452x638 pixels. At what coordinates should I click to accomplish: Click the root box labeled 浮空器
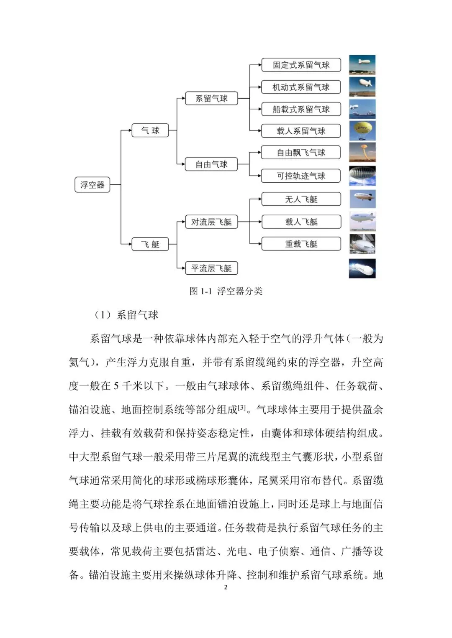click(92, 185)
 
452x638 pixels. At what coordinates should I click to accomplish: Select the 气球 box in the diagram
click(150, 130)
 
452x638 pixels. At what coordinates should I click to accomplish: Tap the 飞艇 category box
click(150, 244)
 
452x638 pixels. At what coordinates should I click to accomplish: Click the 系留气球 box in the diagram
click(211, 99)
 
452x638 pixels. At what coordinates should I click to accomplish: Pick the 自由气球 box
click(211, 164)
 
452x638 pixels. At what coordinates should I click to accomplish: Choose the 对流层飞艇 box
click(211, 222)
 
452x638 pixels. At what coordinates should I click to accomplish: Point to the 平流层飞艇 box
click(211, 268)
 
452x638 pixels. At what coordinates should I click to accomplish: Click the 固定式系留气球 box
click(301, 65)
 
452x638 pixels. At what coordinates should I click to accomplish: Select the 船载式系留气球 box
click(301, 109)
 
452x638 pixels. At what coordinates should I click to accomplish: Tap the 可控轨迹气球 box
click(301, 176)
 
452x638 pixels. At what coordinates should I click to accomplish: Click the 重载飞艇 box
click(301, 244)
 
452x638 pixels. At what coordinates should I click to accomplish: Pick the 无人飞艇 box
click(301, 199)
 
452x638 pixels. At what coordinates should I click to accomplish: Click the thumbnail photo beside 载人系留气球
click(362, 131)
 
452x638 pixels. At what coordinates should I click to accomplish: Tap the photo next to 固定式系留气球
click(362, 65)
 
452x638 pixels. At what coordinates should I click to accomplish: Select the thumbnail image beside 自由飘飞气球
click(362, 153)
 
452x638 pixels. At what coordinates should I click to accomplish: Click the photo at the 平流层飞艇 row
click(362, 268)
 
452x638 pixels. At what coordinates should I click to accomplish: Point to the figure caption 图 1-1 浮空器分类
click(226, 291)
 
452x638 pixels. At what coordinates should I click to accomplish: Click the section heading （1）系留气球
click(126, 315)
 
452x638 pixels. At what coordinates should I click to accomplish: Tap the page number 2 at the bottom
click(226, 587)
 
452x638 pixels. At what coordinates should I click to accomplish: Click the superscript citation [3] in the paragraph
click(242, 407)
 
